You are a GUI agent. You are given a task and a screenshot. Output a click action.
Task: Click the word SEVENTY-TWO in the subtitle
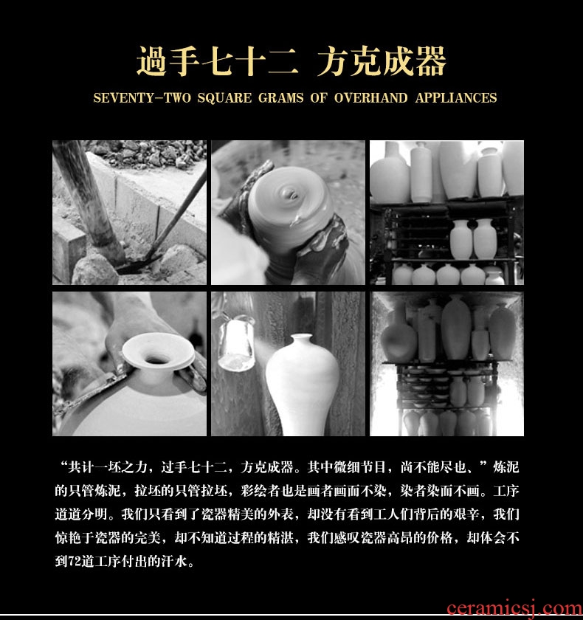[142, 98]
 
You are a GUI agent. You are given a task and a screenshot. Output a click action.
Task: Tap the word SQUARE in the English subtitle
[224, 98]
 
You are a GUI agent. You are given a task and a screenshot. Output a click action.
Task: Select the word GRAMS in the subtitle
[280, 98]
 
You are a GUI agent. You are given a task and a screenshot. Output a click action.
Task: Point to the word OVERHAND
[370, 98]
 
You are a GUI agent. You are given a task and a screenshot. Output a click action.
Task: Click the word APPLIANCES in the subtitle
[456, 98]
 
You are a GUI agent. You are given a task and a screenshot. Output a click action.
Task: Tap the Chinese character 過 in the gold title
[151, 61]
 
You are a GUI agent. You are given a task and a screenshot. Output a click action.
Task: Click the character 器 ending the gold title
[431, 61]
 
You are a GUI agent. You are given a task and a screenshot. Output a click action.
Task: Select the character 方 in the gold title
[332, 61]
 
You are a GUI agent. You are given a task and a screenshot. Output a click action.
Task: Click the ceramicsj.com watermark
[514, 609]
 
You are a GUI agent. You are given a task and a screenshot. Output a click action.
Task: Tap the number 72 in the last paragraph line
[75, 562]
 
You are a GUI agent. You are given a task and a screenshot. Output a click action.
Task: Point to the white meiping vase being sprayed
[303, 385]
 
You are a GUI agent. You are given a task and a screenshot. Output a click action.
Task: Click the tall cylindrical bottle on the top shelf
[421, 172]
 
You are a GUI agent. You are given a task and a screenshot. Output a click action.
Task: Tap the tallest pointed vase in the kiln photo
[457, 328]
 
